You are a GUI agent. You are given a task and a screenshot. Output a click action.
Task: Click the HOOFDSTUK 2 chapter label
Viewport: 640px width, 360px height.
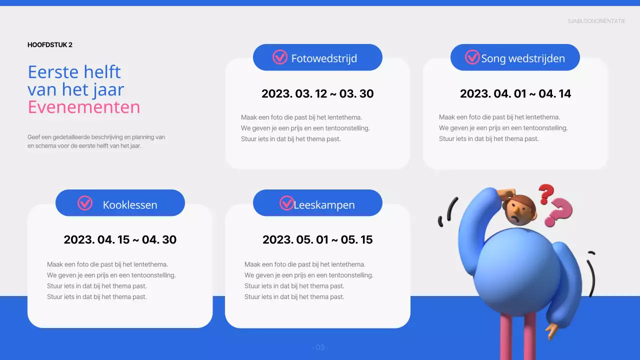50,45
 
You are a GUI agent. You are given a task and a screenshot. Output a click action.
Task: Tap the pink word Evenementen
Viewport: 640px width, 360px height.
84,107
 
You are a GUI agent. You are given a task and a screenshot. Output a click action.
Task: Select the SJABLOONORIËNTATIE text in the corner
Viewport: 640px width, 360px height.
596,21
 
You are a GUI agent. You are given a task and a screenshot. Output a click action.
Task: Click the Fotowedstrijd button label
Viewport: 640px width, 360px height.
324,58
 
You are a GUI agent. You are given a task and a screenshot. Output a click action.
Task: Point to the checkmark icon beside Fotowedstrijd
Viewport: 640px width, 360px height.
279,57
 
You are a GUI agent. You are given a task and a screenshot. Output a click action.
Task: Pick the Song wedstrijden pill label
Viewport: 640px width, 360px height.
523,58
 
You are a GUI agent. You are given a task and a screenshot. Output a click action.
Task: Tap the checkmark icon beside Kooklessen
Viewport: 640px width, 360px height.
85,203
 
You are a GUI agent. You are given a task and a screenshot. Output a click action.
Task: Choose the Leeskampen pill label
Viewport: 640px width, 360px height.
324,204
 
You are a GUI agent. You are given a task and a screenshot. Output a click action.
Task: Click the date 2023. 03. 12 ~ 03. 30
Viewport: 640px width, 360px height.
317,93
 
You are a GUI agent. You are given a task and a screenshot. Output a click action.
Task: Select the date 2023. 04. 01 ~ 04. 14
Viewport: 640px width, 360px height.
515,93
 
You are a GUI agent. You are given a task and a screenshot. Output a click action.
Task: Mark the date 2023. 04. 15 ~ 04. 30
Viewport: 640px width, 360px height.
120,239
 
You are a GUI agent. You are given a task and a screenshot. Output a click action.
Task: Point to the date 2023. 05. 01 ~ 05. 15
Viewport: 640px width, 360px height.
317,239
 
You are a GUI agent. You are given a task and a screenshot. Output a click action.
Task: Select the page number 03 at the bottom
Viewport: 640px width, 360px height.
320,347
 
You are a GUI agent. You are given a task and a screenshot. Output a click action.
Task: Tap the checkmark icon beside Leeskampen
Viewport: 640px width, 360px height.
286,203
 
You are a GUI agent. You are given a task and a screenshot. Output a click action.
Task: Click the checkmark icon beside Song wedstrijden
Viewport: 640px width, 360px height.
472,57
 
